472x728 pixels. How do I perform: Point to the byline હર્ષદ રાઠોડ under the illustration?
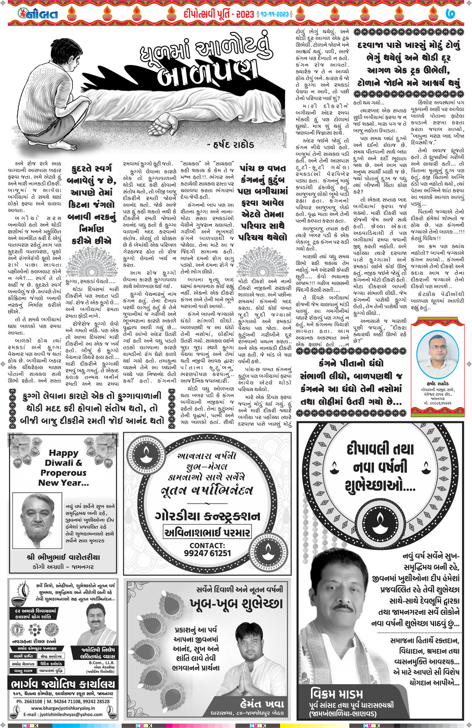point(230,145)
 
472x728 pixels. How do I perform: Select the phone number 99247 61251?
point(207,553)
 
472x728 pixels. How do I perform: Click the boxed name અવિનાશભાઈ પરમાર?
point(207,533)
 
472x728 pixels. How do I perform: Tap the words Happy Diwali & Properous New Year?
point(63,468)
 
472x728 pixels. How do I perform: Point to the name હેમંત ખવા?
point(262,703)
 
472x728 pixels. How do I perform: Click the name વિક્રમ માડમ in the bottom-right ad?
point(336,694)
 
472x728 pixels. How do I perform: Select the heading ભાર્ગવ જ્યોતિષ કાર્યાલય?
point(63,683)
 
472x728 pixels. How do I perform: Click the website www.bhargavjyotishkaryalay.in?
point(63,708)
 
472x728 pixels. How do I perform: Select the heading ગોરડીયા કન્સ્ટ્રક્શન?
point(207,516)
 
